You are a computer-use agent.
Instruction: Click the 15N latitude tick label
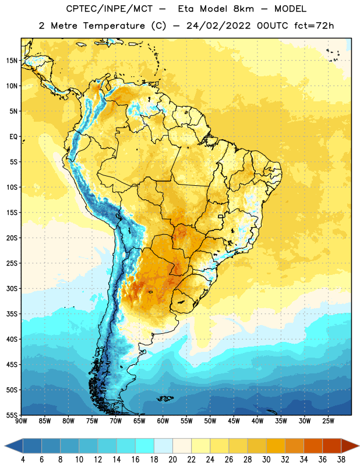[12, 61]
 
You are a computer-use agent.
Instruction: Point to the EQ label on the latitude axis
[13, 137]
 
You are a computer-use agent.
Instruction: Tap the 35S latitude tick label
[12, 314]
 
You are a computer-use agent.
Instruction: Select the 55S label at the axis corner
[12, 415]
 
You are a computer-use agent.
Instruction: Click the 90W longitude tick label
[21, 421]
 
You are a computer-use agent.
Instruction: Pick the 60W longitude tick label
[163, 421]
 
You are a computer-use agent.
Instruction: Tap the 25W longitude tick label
[328, 421]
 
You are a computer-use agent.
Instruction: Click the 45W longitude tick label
[234, 421]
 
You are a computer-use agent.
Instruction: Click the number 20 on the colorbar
[172, 460]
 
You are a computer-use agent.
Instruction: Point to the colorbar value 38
[341, 460]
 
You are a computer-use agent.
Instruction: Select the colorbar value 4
[23, 460]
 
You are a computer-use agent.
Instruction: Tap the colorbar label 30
[266, 460]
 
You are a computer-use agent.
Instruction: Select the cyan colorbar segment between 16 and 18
[144, 446]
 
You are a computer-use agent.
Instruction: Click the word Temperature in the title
[114, 26]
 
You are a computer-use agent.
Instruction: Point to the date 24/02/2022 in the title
[218, 26]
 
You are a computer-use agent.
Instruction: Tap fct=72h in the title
[314, 26]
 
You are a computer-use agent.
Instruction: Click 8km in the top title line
[243, 9]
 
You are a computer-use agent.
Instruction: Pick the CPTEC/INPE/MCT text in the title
[109, 9]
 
